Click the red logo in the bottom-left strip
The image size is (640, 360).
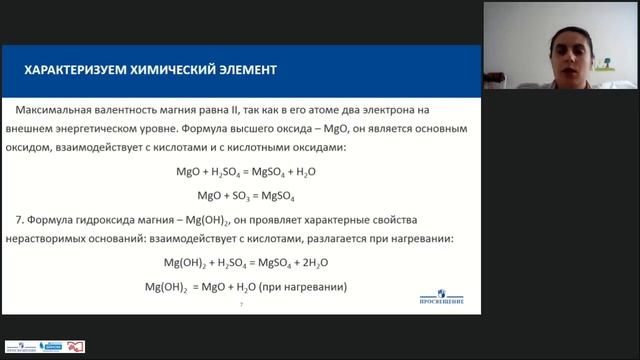[76, 346]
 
